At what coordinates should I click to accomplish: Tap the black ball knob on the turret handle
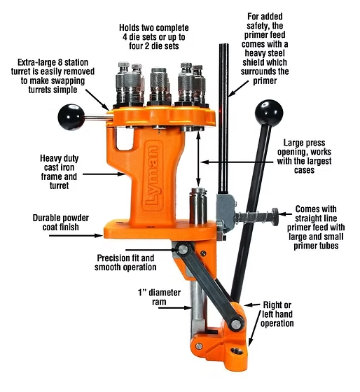pos(71,117)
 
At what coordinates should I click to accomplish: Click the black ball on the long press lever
pos(269,113)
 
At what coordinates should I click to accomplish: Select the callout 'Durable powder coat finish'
pos(60,223)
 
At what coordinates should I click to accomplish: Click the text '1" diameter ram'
pos(159,297)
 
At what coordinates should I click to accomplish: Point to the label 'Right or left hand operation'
pos(277,314)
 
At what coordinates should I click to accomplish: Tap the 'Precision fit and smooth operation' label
pos(125,262)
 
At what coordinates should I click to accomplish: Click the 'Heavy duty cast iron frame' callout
pos(59,171)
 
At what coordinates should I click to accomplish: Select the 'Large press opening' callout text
pos(304,157)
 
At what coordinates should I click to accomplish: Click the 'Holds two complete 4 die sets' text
pos(153,36)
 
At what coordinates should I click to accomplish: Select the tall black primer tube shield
pos(223,118)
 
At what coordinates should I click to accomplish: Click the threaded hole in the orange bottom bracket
pos(237,351)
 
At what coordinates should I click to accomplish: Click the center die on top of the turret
pos(158,85)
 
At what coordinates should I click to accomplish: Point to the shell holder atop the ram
pos(198,192)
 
